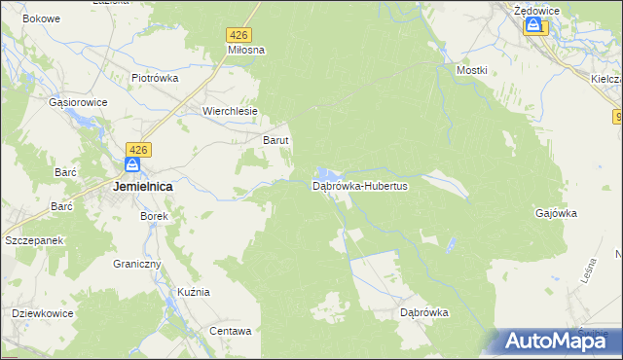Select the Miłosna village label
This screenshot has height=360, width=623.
(246, 49)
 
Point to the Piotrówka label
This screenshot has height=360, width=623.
(155, 78)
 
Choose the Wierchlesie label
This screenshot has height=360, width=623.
(230, 111)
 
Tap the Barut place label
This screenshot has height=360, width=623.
(276, 140)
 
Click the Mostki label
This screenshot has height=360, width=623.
(471, 71)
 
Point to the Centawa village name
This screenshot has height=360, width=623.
(231, 331)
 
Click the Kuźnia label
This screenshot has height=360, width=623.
(194, 292)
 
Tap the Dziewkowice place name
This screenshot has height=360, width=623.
(43, 313)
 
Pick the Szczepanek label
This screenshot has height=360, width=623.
(34, 239)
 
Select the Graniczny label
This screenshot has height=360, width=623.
(136, 264)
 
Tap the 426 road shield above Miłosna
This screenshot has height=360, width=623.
(240, 34)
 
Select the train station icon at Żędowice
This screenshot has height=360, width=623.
(533, 27)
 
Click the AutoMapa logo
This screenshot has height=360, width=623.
(553, 341)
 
